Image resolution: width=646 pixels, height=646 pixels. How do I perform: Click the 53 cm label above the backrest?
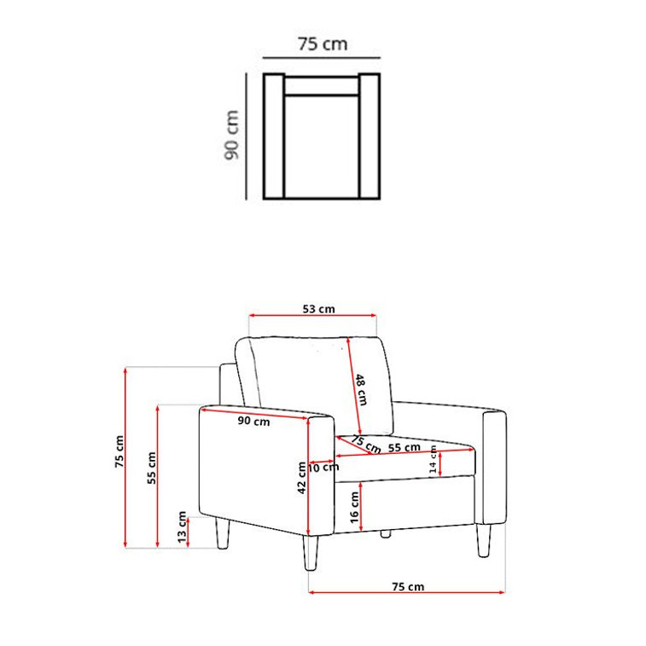318,309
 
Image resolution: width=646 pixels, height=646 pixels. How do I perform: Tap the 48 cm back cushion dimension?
361,389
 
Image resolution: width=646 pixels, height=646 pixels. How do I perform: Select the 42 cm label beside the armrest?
302,478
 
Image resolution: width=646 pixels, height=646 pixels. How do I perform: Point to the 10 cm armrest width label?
323,467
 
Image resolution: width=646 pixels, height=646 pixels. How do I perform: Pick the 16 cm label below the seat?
354,508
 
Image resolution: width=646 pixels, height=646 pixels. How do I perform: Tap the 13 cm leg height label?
182,527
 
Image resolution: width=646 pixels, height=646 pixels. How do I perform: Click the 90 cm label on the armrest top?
253,421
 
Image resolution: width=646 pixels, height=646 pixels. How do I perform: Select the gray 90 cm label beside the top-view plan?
231,135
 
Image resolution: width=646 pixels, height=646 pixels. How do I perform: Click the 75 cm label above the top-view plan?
323,44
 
